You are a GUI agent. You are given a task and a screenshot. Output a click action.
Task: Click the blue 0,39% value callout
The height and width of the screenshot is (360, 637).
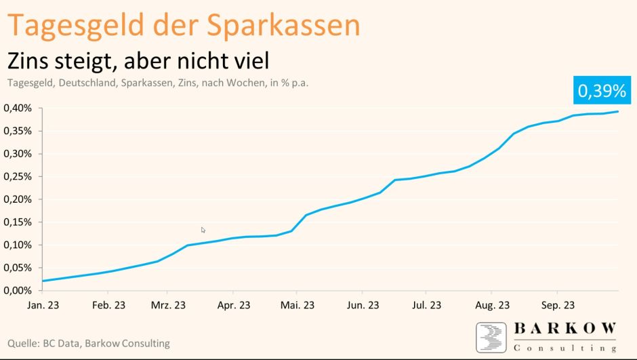(x=600, y=91)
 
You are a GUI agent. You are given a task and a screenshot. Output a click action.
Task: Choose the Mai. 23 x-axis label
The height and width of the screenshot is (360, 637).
(x=297, y=306)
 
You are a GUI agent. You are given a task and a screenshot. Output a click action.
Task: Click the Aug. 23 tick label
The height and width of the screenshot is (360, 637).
(x=492, y=306)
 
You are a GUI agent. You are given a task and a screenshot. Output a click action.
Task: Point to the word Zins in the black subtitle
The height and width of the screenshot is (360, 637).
(x=33, y=61)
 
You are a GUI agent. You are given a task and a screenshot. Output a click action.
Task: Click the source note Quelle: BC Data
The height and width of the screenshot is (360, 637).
(x=88, y=344)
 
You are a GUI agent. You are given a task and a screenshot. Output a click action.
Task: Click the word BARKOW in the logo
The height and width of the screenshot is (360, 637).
(x=566, y=328)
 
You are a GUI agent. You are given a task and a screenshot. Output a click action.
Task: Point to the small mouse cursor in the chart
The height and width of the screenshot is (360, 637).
(x=203, y=231)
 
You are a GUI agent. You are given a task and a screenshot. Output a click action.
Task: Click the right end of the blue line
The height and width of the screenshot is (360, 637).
(x=618, y=111)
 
